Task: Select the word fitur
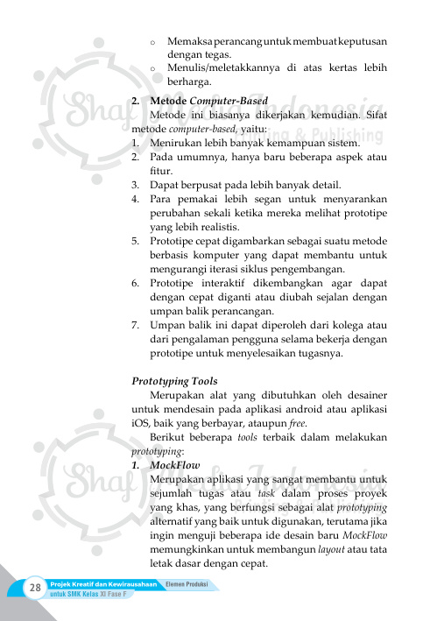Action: pyautogui.click(x=162, y=170)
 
